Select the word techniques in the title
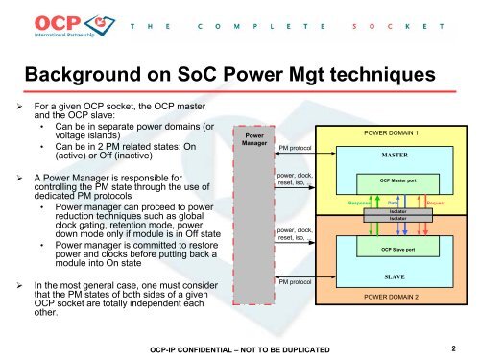[356, 76]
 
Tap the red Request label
[434, 204]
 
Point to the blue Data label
[394, 204]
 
